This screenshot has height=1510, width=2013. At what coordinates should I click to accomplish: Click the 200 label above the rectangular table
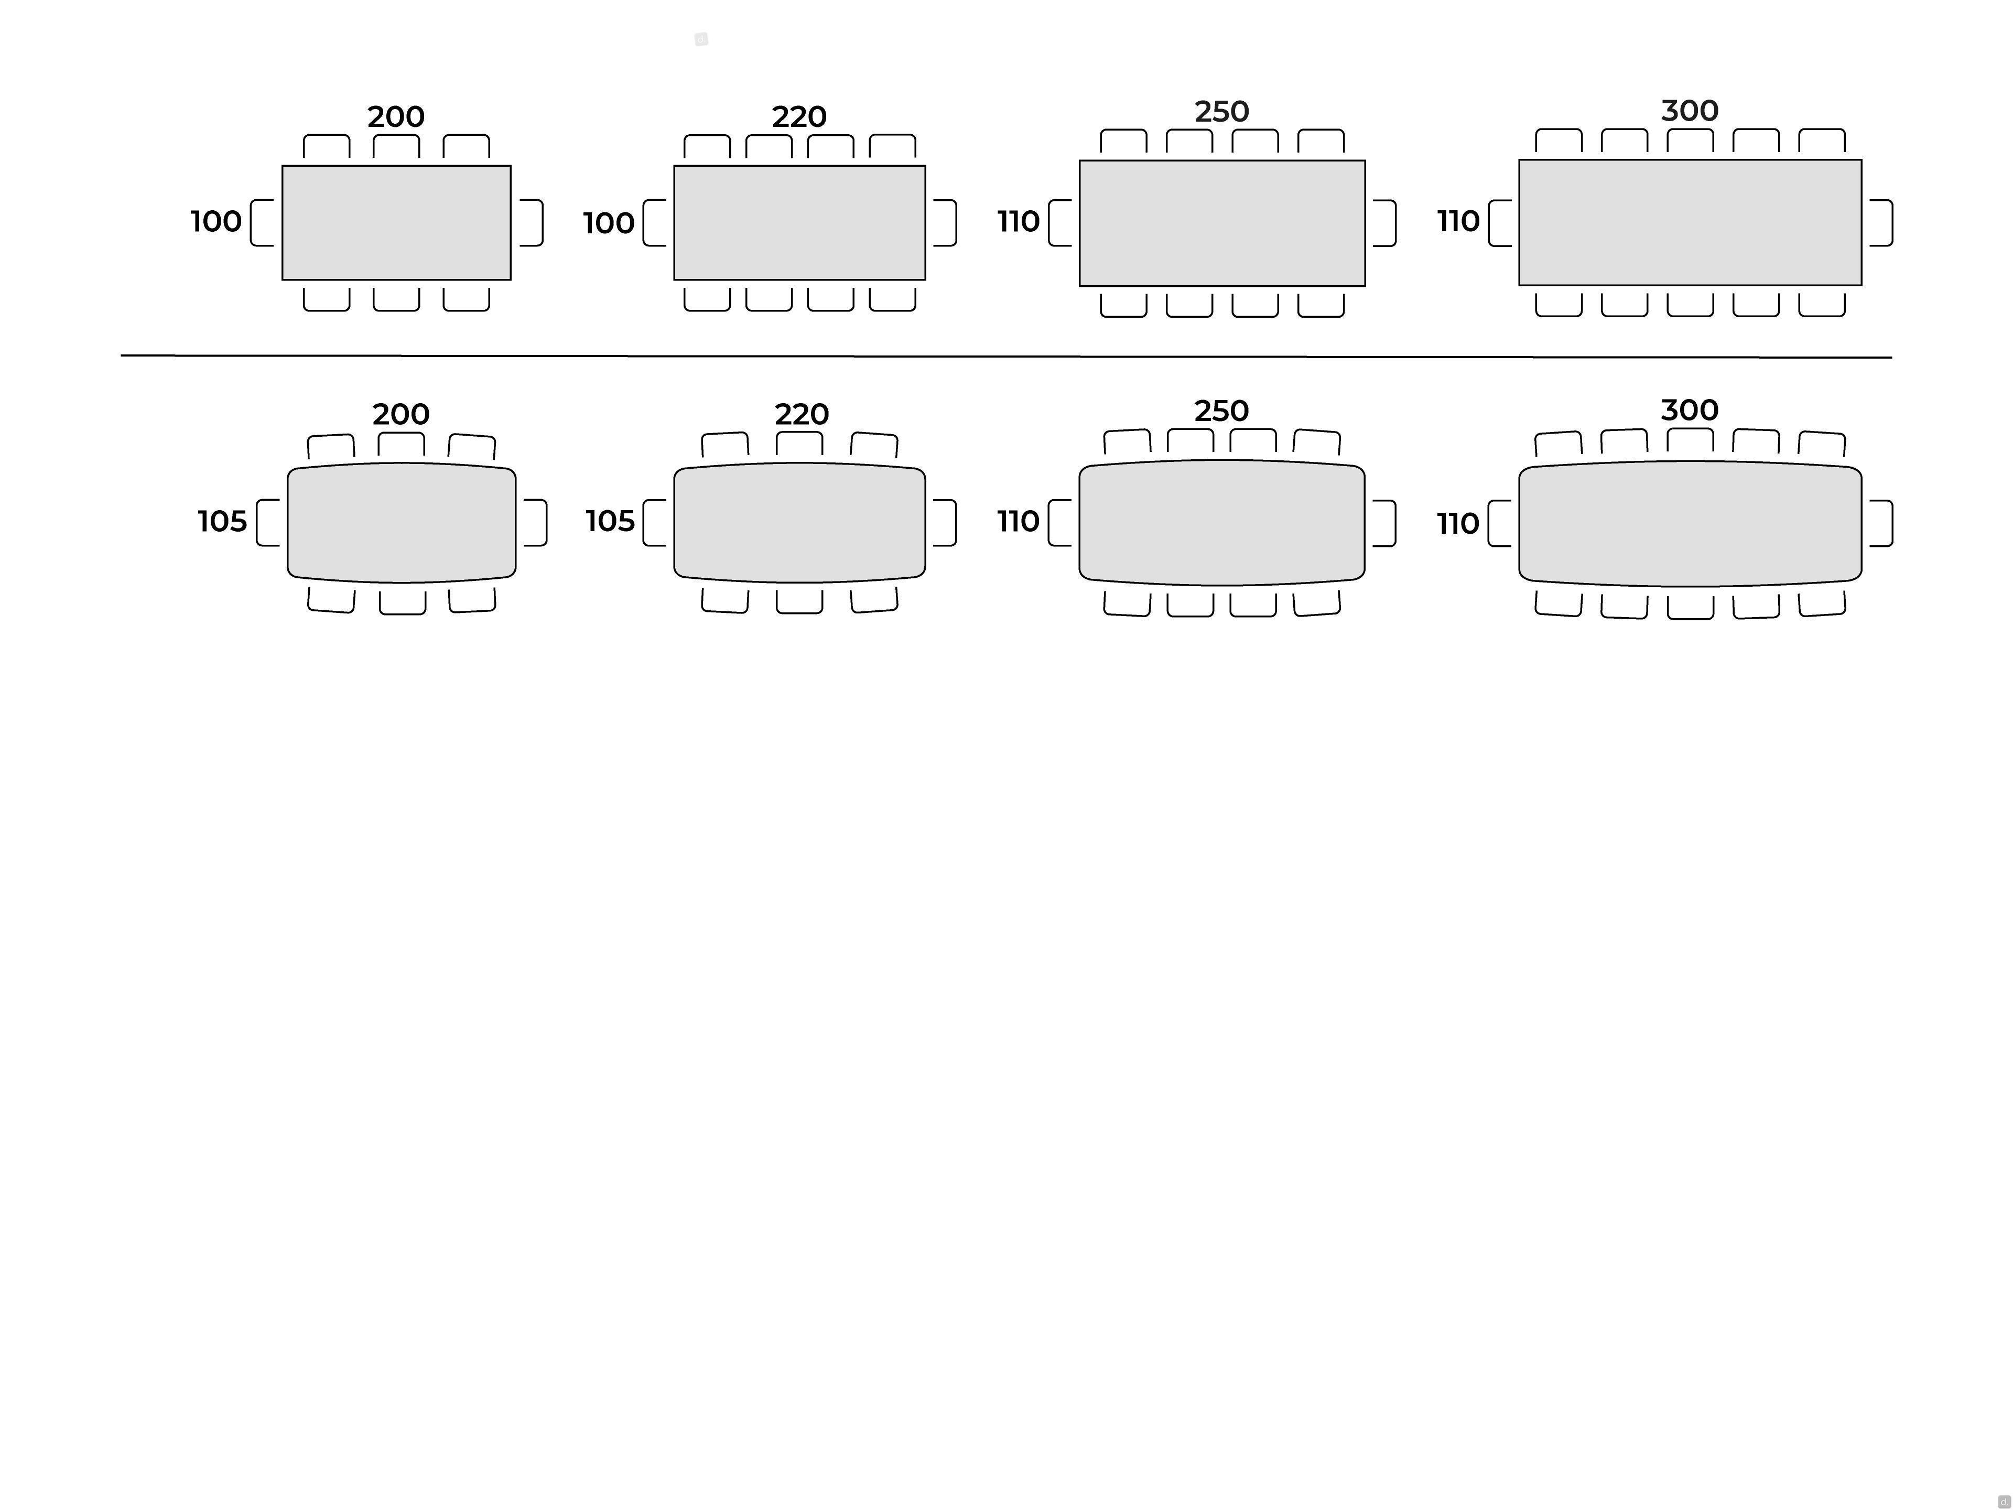(x=396, y=116)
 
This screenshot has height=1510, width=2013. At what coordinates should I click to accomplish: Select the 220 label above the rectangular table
(x=799, y=116)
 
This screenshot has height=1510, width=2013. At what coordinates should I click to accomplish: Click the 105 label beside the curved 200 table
(x=222, y=522)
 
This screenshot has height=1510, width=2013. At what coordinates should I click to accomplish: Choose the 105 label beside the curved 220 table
(x=610, y=522)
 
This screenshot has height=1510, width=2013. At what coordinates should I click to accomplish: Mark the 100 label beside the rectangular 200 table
(x=215, y=221)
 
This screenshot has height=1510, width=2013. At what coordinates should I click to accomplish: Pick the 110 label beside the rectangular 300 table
(x=1458, y=221)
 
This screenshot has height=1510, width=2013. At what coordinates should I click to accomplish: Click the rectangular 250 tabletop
(x=1222, y=223)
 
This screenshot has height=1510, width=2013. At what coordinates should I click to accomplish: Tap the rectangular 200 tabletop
(x=396, y=223)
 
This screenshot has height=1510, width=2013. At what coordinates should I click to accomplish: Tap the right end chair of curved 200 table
(x=535, y=522)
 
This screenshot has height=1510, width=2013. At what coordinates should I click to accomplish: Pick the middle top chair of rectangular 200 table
(x=396, y=146)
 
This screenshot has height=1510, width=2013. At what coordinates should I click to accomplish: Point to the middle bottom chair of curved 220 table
(x=799, y=601)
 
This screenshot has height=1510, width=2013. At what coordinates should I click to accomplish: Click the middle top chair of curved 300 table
(x=1690, y=440)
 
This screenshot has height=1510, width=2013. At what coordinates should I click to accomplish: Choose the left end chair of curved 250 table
(x=1060, y=522)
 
